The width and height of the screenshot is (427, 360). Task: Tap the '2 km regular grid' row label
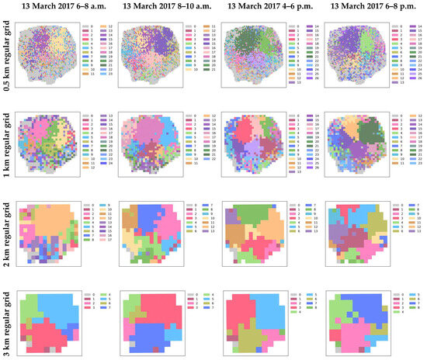click(6, 233)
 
